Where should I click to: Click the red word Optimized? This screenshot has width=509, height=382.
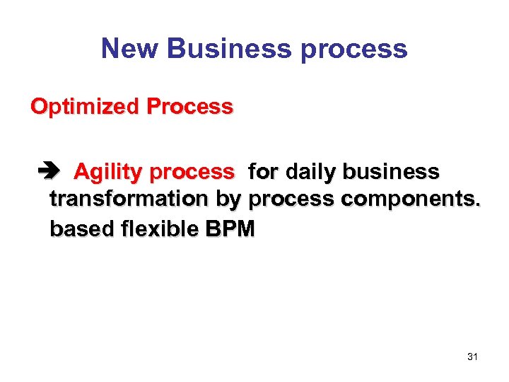click(85, 108)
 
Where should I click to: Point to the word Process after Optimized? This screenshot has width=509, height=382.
click(189, 107)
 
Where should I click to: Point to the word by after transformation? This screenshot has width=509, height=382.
click(228, 201)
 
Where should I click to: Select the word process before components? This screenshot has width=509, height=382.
click(292, 201)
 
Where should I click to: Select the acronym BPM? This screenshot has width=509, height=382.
click(230, 228)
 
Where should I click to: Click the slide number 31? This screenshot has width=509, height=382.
click(472, 357)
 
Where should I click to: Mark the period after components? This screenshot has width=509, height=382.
click(477, 206)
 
